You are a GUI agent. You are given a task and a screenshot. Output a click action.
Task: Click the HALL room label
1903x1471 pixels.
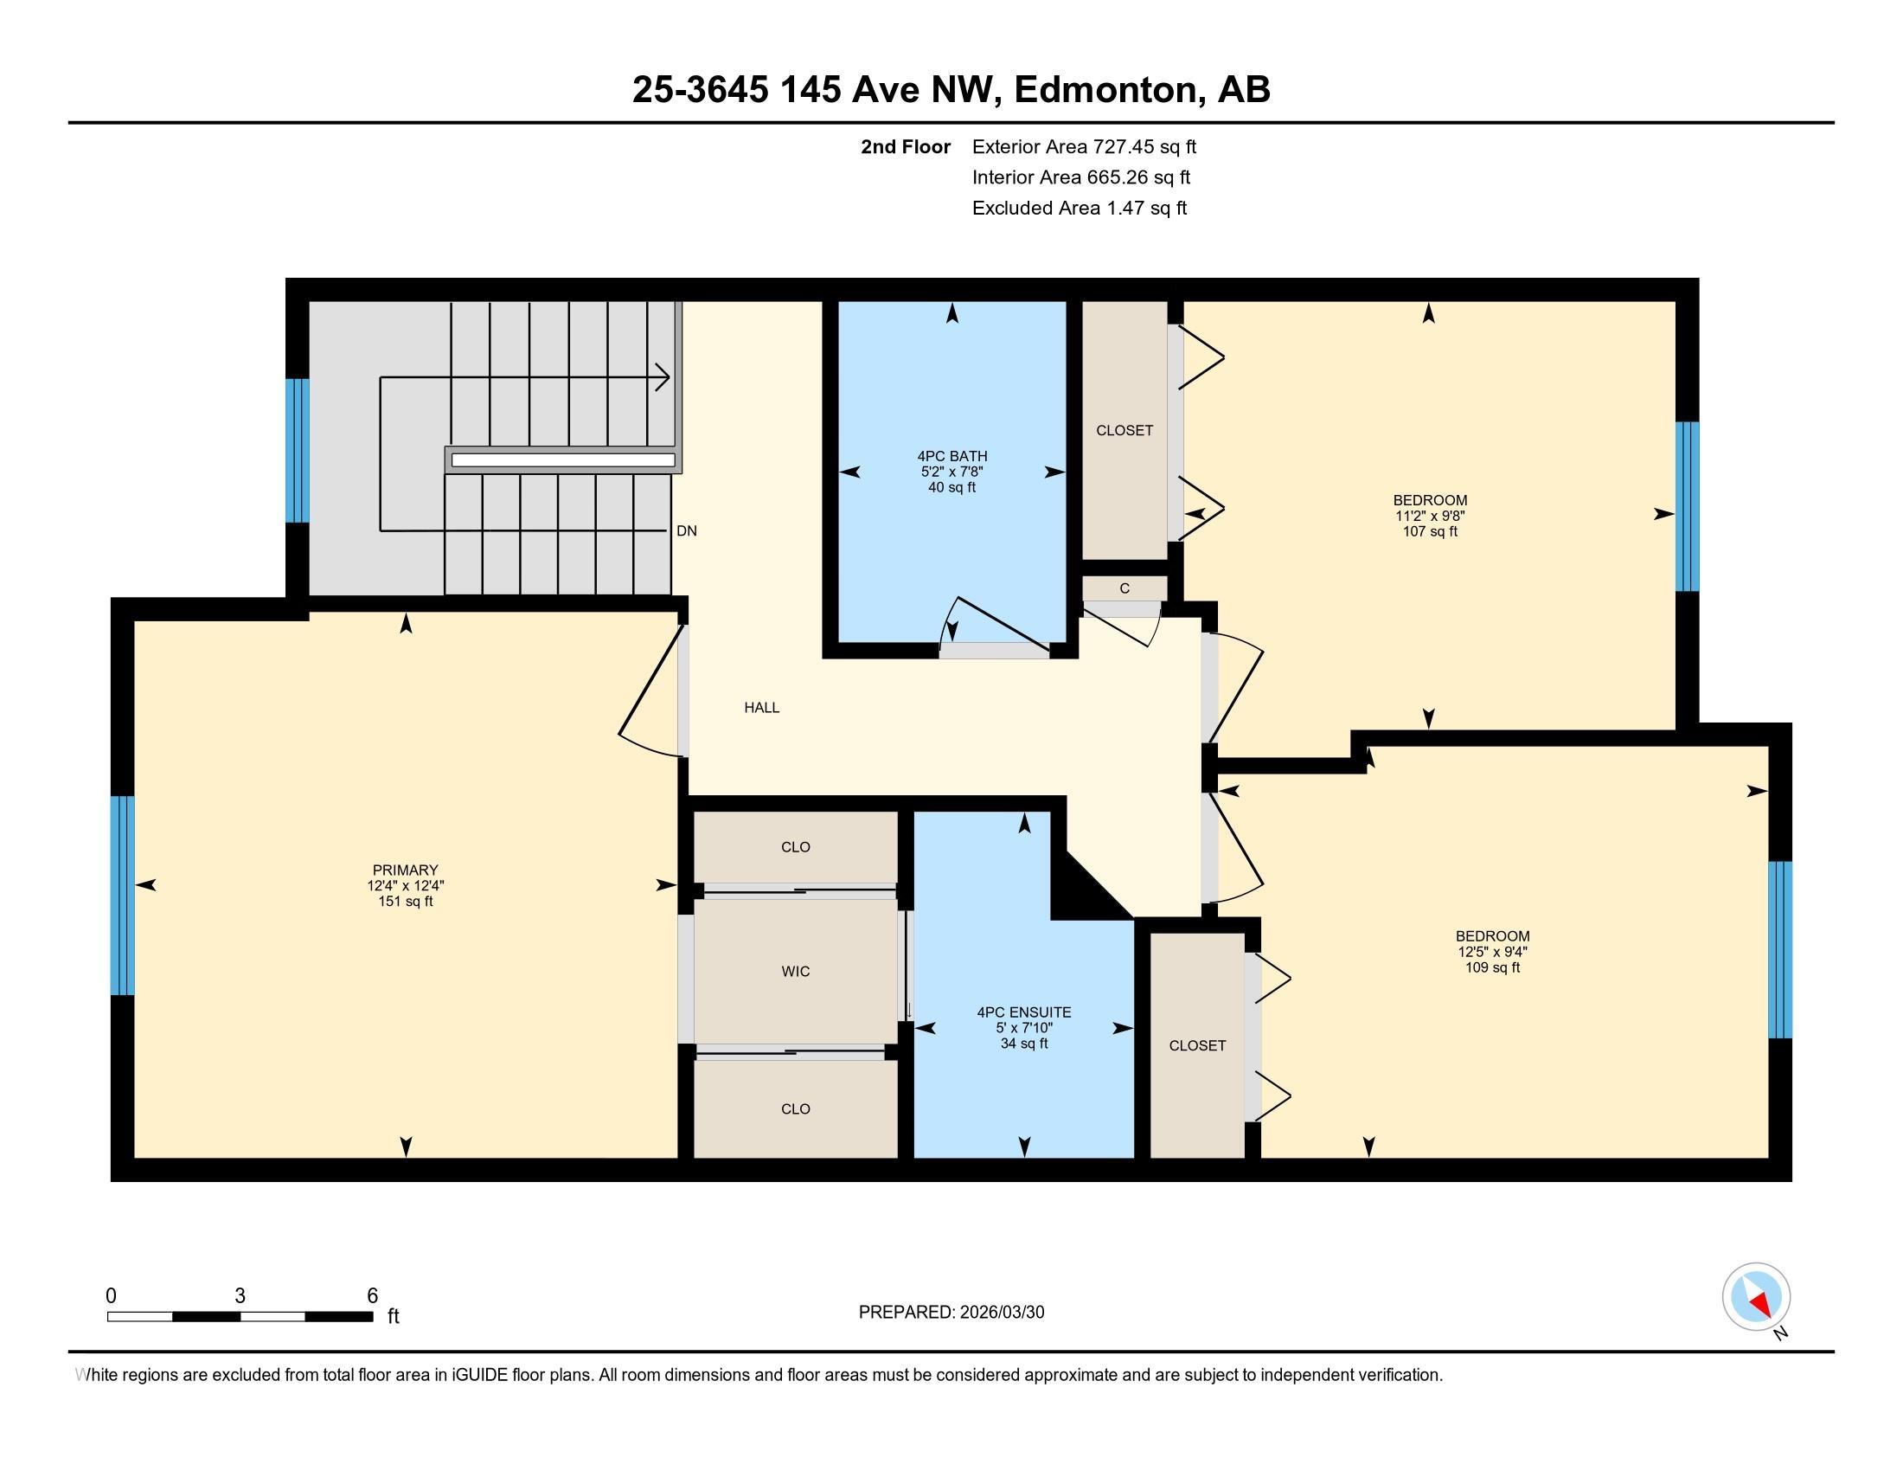pos(761,708)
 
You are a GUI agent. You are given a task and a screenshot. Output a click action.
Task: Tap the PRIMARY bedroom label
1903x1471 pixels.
pos(405,870)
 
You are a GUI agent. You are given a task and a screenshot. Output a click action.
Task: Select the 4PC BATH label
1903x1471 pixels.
pos(952,456)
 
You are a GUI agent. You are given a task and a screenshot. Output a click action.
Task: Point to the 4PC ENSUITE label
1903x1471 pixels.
pos(1024,1012)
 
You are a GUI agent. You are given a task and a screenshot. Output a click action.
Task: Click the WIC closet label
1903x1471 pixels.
pos(796,971)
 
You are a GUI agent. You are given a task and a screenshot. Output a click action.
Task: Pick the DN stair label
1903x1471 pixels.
pos(687,530)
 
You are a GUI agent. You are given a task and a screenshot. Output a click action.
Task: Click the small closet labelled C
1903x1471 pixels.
pos(1124,588)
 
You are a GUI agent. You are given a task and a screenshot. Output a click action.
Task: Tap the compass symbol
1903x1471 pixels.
pos(1757,1297)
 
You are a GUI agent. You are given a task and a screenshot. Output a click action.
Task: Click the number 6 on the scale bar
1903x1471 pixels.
pos(372,1296)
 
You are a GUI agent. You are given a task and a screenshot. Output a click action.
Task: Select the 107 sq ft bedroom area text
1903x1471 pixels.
pos(1430,531)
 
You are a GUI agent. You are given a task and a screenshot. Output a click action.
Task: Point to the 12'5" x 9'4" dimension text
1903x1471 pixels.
pos(1493,952)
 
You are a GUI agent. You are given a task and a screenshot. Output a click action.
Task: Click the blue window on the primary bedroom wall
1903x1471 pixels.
pos(123,895)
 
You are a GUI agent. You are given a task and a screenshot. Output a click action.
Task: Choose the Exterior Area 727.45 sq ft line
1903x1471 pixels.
pos(1084,146)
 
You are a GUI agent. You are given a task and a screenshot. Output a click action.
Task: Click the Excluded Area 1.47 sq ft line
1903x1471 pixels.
pos(1080,208)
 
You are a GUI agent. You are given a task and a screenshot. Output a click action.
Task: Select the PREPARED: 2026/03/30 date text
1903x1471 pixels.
pos(951,1313)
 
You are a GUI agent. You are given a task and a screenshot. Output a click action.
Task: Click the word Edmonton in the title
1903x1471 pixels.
pos(1105,90)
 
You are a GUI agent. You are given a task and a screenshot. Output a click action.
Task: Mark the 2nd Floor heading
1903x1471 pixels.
pos(906,146)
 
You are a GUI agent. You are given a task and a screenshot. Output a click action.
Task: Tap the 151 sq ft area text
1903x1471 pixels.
pos(405,901)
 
